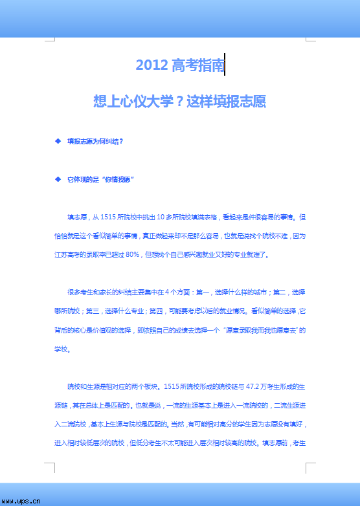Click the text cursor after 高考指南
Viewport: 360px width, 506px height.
pyautogui.click(x=225, y=65)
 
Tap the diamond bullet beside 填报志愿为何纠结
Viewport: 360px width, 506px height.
pyautogui.click(x=58, y=140)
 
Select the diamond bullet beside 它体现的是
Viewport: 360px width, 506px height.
pyautogui.click(x=58, y=179)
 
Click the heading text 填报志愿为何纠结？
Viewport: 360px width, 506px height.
pyautogui.click(x=95, y=140)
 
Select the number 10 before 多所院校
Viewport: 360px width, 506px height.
pyautogui.click(x=162, y=217)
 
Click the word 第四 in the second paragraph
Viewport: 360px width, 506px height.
pyautogui.click(x=155, y=311)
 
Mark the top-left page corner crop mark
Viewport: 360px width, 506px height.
pyautogui.click(x=50, y=39)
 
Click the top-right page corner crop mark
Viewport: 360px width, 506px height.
pyautogui.click(x=310, y=39)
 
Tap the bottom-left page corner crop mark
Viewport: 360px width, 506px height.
pyautogui.click(x=50, y=467)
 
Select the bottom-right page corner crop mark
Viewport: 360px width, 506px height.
pyautogui.click(x=310, y=467)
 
